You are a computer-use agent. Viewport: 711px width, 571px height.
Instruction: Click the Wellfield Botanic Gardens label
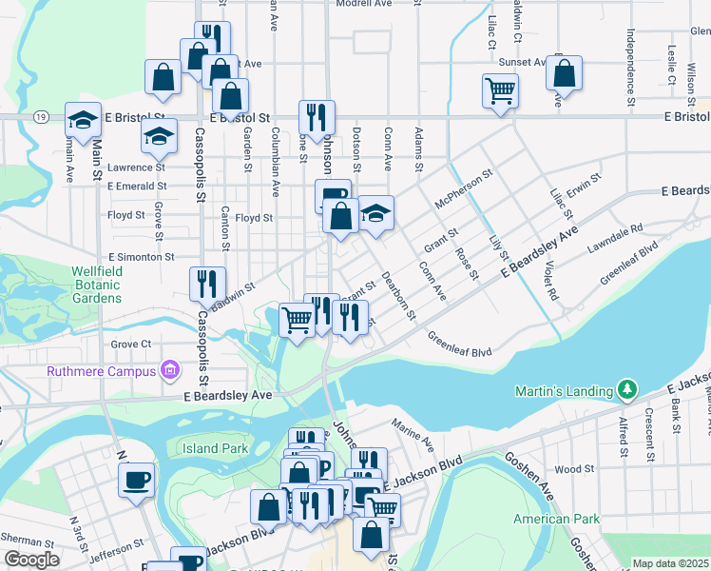click(96, 284)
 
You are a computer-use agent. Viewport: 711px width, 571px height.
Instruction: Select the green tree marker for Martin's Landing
click(626, 390)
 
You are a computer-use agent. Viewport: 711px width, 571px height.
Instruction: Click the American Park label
click(556, 519)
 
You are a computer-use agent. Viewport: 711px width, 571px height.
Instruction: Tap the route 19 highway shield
click(40, 116)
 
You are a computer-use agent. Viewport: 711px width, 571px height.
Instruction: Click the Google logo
click(31, 560)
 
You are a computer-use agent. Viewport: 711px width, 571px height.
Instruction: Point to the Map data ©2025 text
click(670, 563)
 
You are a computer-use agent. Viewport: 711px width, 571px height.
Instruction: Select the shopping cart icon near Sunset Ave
click(500, 92)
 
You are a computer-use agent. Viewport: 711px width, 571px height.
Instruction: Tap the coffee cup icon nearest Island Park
click(137, 480)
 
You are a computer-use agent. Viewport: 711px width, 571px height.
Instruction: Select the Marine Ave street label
click(413, 436)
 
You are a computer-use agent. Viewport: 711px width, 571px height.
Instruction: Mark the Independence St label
click(630, 66)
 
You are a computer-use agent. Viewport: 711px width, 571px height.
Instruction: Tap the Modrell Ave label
click(364, 5)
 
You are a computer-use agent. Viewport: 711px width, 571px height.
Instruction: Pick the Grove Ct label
click(131, 344)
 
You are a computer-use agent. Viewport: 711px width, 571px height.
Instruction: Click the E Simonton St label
click(142, 257)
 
